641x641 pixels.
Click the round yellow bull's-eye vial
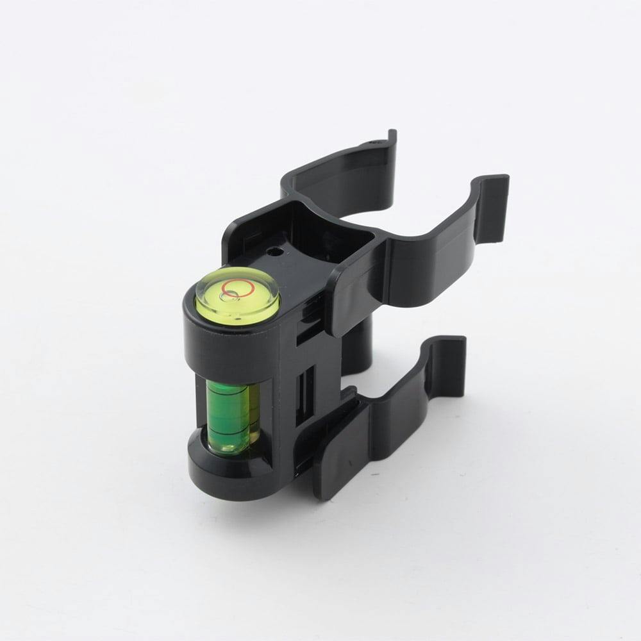click(x=237, y=297)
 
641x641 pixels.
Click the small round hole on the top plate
click(x=277, y=253)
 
